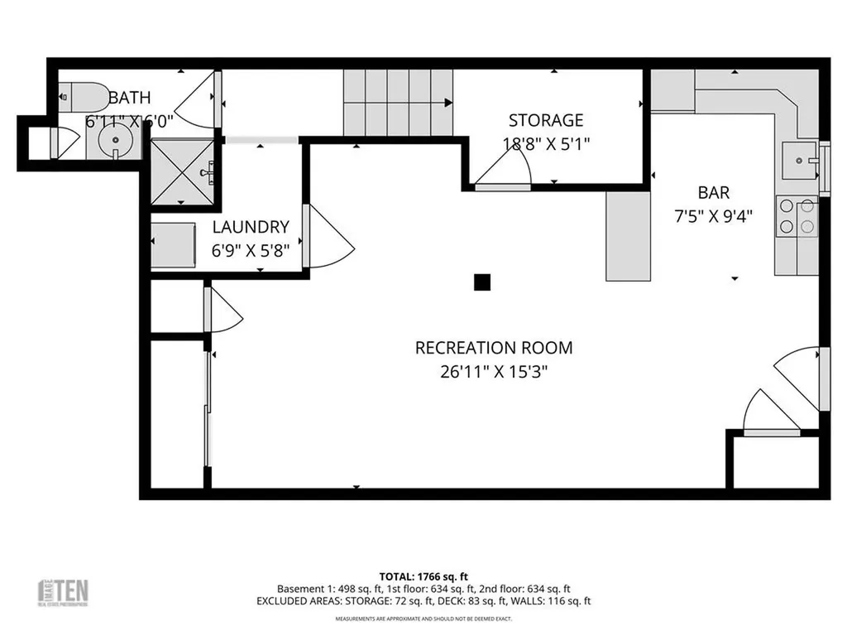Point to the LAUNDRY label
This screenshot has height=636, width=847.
click(251, 227)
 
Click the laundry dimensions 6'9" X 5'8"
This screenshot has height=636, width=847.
click(251, 249)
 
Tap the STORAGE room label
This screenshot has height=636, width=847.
click(546, 120)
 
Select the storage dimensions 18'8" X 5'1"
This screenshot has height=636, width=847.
click(546, 142)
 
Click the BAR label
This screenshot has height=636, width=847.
click(714, 193)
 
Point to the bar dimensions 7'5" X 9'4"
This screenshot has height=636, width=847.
click(714, 215)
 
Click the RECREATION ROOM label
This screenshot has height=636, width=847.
click(494, 348)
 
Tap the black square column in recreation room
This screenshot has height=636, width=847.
click(482, 282)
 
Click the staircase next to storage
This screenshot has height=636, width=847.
click(399, 103)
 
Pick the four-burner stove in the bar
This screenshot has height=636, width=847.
click(796, 216)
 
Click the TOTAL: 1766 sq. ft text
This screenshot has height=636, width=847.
click(423, 576)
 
